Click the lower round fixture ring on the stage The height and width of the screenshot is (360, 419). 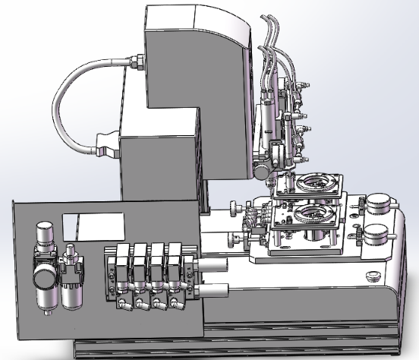(x=311, y=214)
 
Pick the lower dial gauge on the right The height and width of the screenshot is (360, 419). (x=375, y=234)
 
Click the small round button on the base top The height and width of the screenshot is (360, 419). (x=373, y=274)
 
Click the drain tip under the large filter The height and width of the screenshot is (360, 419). (x=45, y=311)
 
